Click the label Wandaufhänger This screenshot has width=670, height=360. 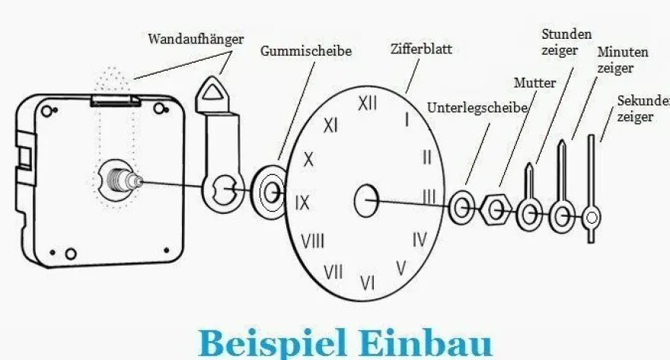coord(196,39)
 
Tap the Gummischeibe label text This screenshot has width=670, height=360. coord(306,51)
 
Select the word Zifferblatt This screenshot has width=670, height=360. coord(421,49)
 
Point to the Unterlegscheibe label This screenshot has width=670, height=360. coord(477,108)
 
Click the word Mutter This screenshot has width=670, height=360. coord(534,82)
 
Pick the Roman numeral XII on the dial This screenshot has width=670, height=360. coord(367,104)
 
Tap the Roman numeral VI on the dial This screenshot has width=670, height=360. coord(367,282)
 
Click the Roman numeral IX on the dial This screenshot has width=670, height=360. coord(302,202)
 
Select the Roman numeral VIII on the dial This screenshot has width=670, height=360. coord(313,241)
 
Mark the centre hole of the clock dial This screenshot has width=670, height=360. coord(366,200)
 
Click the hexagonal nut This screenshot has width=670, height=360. coord(496,209)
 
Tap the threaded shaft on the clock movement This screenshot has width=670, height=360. coord(124,180)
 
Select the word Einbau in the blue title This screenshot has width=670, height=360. coord(426,343)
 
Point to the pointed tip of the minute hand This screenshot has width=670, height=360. coord(563,141)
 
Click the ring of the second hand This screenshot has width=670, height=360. coord(592,218)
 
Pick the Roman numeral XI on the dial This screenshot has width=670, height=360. coord(330,126)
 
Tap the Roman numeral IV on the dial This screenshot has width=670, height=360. coord(420,240)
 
